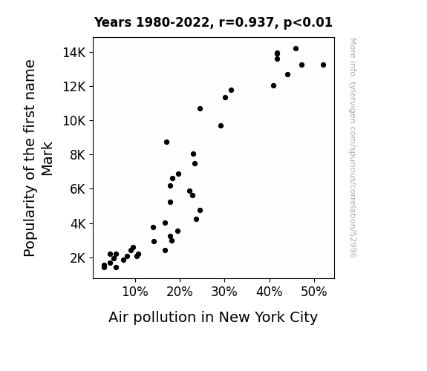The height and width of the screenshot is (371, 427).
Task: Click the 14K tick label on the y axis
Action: pyautogui.click(x=74, y=52)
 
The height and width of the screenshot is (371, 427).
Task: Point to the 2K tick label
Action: pyautogui.click(x=78, y=258)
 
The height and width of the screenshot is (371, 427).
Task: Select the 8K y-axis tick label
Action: pyautogui.click(x=78, y=155)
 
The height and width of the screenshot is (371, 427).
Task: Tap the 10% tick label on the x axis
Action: pyautogui.click(x=135, y=292)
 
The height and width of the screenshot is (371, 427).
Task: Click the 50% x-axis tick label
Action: pyautogui.click(x=314, y=292)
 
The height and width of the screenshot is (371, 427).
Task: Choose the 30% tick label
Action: pyautogui.click(x=224, y=292)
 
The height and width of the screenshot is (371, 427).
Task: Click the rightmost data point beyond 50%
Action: pyautogui.click(x=323, y=65)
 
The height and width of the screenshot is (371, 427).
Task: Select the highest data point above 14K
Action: pyautogui.click(x=296, y=49)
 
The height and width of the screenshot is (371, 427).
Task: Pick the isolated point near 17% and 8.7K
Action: pyautogui.click(x=166, y=142)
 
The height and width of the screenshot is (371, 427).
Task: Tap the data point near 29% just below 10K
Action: pyautogui.click(x=221, y=125)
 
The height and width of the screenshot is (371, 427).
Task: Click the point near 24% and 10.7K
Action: pyautogui.click(x=200, y=109)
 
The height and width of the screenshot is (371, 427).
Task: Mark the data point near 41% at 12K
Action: pyautogui.click(x=274, y=86)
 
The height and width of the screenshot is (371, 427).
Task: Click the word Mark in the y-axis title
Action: pyautogui.click(x=47, y=159)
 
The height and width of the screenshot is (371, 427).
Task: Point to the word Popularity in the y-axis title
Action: pyautogui.click(x=30, y=221)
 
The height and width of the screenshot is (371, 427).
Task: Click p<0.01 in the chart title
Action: pyautogui.click(x=308, y=23)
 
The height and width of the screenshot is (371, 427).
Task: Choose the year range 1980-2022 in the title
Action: pyautogui.click(x=172, y=22)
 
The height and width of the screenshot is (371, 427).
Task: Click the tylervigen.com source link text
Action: pyautogui.click(x=353, y=148)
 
